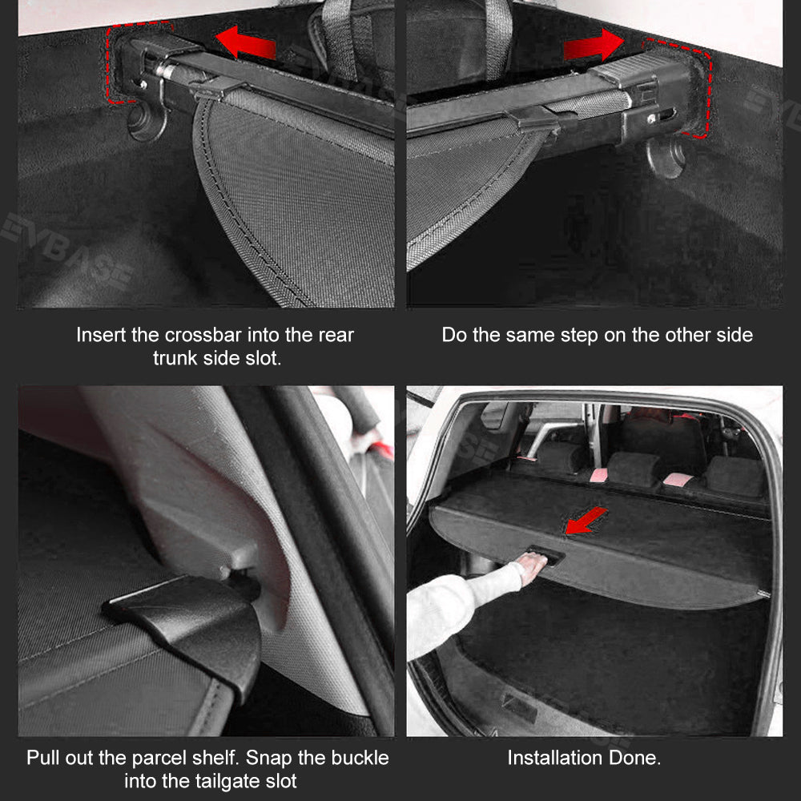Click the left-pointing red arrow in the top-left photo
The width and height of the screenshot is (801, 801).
point(245,42)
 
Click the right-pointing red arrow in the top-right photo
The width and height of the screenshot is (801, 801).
point(594,46)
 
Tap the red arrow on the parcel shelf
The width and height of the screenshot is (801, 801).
point(586,521)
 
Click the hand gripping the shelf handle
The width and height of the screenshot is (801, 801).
point(532,566)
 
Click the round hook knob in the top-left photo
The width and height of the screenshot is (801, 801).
point(146,123)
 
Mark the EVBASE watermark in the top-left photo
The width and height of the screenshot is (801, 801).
point(66,250)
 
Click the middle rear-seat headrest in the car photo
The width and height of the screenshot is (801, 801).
point(634,468)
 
